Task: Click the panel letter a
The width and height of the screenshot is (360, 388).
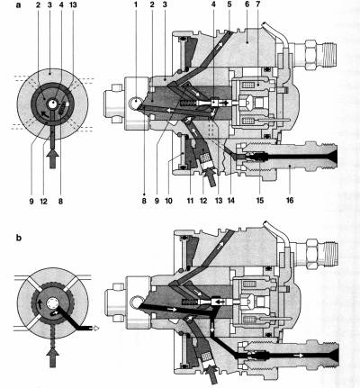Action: (x=19, y=5)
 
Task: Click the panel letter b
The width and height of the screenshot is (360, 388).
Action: (x=19, y=238)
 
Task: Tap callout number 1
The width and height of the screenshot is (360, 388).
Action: (x=136, y=5)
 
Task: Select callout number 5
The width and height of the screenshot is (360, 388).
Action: (x=229, y=5)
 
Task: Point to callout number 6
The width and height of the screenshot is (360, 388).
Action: (x=247, y=5)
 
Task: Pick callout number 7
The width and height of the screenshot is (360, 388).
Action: (x=258, y=5)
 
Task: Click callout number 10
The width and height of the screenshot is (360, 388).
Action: (x=168, y=201)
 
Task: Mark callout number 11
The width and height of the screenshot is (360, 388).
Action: (x=190, y=201)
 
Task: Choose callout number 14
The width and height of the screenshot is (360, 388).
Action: (x=231, y=201)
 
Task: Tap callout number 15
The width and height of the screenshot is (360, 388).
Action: (x=260, y=201)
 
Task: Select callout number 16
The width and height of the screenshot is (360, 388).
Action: (x=290, y=201)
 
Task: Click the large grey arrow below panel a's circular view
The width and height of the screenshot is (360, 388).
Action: (x=53, y=158)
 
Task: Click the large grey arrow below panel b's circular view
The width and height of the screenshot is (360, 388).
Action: (x=53, y=357)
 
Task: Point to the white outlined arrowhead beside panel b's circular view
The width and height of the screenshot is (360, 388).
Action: (x=94, y=329)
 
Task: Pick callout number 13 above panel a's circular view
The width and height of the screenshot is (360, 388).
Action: (x=73, y=5)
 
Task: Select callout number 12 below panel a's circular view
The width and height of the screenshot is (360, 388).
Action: (x=44, y=201)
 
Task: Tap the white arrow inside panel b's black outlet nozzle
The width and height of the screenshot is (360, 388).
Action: (x=299, y=356)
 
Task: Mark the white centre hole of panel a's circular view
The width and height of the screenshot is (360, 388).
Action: (x=52, y=104)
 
